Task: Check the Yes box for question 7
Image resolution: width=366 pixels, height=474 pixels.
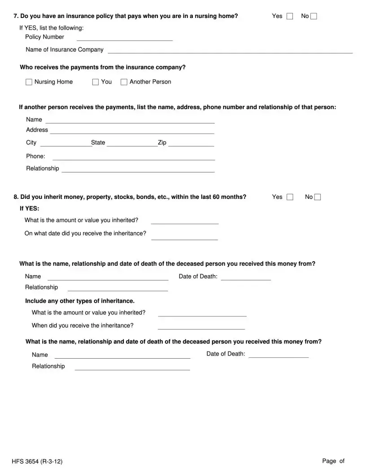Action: [290, 17]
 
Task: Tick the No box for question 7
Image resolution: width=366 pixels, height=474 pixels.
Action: [314, 17]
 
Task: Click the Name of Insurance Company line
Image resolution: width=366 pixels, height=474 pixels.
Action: [230, 51]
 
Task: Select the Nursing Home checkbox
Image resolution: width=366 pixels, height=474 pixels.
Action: [29, 82]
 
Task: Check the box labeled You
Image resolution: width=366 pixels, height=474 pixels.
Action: [96, 82]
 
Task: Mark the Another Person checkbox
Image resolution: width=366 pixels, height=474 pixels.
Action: [124, 82]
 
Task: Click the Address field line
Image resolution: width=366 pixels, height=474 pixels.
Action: [132, 131]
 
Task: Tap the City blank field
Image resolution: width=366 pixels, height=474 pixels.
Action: [65, 144]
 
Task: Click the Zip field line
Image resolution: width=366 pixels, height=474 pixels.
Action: [191, 144]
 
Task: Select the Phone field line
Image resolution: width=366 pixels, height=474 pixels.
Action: [134, 158]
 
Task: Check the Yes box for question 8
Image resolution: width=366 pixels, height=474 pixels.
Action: [290, 197]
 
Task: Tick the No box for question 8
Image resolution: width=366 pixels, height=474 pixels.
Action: [318, 197]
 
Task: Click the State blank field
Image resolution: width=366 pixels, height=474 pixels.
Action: [132, 144]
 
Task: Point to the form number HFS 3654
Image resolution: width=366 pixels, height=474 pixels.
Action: [37, 461]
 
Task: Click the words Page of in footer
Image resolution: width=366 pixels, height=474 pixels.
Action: [333, 461]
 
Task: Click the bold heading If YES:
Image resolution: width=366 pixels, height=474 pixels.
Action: [30, 209]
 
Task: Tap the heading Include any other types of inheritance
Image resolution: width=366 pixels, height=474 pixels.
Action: [80, 301]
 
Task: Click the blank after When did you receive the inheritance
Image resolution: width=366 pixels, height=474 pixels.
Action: [201, 327]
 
